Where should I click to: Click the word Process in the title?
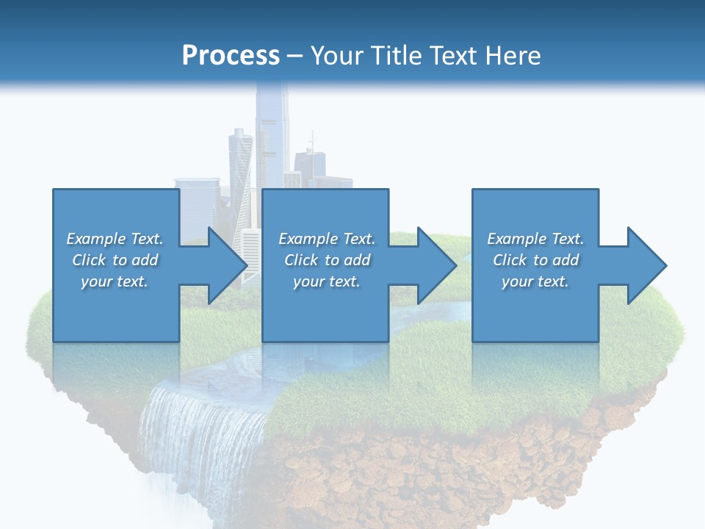pos(231,55)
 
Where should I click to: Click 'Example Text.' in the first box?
pos(115,239)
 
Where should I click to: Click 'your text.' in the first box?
pos(115,281)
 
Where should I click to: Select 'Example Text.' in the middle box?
pos(327,239)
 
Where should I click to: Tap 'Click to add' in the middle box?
pos(327,260)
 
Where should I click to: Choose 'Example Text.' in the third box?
pos(535,239)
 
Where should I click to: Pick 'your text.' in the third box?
pos(535,281)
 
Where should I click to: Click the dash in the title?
pos(294,56)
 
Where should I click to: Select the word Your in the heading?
pos(337,55)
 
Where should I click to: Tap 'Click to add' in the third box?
pos(535,260)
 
